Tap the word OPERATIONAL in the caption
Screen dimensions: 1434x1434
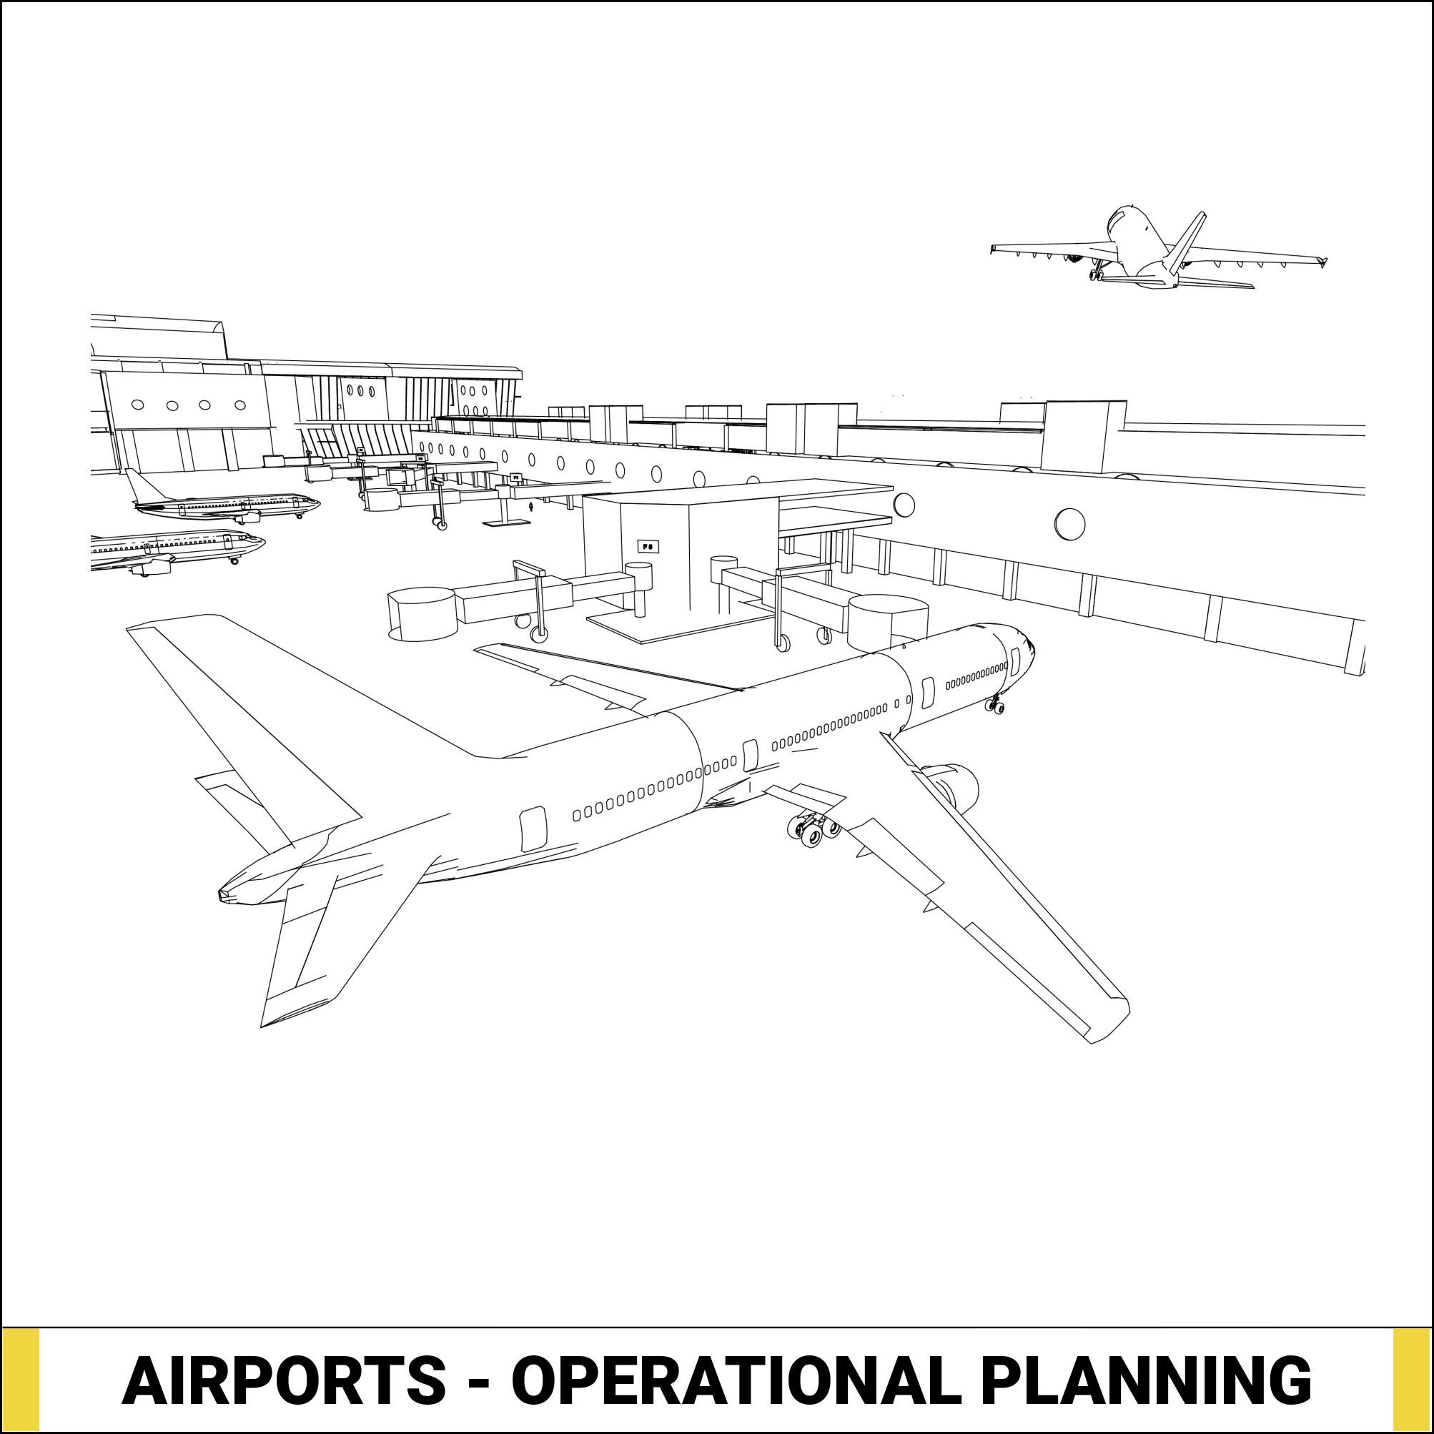[x=731, y=1380]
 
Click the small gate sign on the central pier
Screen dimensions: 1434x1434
[x=648, y=547]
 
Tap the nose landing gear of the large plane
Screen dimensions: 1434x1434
[x=995, y=706]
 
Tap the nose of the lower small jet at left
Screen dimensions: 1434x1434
[x=260, y=540]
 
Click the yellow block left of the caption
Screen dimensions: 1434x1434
[x=21, y=1380]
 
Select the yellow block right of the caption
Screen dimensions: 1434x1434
[x=1412, y=1380]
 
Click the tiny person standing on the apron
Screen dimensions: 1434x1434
[x=530, y=507]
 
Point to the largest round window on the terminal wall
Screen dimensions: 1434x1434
[x=1069, y=524]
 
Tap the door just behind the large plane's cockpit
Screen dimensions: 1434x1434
[x=1014, y=660]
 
